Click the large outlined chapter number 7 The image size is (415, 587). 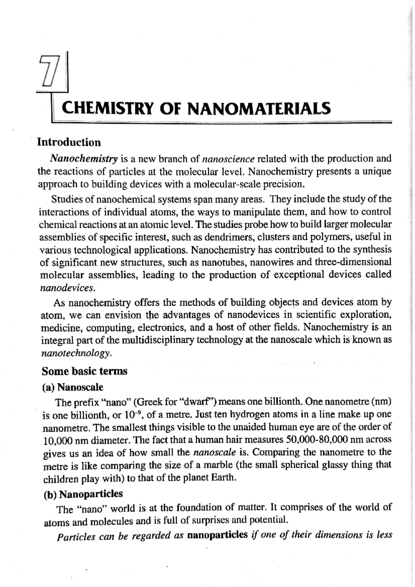48,71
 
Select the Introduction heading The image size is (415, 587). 69,142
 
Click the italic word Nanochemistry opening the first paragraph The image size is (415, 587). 84,159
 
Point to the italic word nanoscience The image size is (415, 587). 228,159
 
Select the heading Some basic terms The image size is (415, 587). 84,371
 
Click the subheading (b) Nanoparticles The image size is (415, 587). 83,494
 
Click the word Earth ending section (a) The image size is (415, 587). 225,478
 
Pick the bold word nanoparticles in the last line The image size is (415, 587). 217,535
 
